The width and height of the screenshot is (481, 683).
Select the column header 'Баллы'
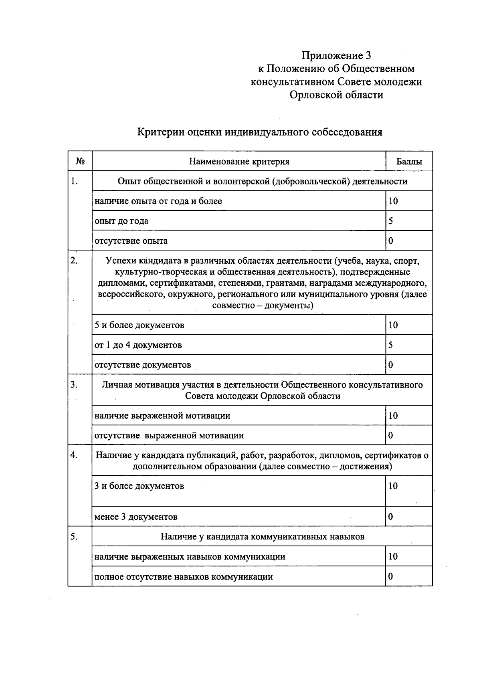tap(409, 162)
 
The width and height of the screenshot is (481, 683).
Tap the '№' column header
tap(80, 162)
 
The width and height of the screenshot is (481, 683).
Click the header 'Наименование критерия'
tap(239, 162)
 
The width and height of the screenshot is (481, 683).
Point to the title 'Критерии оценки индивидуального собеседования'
tap(260, 132)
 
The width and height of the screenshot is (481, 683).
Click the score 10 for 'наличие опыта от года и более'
tap(393, 201)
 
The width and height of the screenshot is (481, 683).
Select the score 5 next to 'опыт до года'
tap(390, 221)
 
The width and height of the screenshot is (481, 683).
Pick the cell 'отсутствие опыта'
tap(131, 241)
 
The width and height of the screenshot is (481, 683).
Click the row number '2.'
tap(74, 261)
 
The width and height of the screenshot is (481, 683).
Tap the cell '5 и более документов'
tap(139, 325)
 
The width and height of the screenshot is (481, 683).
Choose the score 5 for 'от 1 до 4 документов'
tap(390, 345)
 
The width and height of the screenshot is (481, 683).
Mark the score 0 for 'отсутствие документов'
tap(390, 365)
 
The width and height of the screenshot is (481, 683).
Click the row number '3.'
tap(74, 385)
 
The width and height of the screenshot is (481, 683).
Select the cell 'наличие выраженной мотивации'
tap(162, 416)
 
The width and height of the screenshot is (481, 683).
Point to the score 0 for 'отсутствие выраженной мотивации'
tap(390, 436)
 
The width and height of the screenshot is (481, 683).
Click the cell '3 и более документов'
tap(139, 486)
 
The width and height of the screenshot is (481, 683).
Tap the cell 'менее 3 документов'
tap(136, 517)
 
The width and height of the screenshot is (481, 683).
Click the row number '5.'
tap(74, 537)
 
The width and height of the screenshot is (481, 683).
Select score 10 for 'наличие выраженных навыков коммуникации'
tap(393, 557)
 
